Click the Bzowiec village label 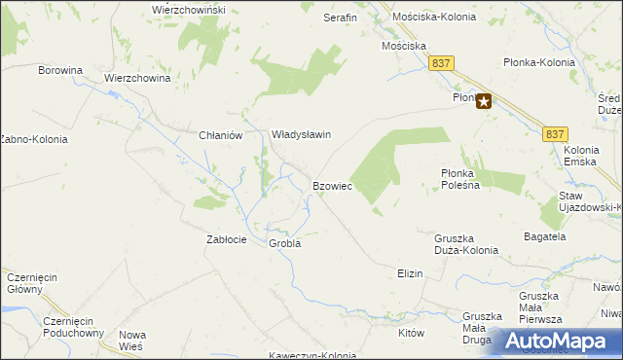(x=332, y=185)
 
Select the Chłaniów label (x=219, y=136)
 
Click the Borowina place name (x=61, y=70)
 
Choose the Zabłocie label (x=227, y=239)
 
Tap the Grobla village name (x=285, y=243)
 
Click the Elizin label (x=410, y=273)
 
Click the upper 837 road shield (x=442, y=62)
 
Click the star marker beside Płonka (x=484, y=99)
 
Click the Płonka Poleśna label (x=458, y=178)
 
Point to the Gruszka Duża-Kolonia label (x=466, y=243)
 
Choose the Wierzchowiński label (x=189, y=9)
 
